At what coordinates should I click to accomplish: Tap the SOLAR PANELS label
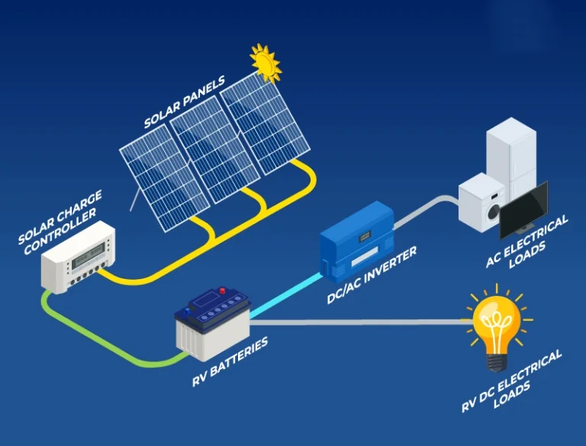pos(186,101)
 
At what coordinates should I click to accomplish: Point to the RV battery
pos(212,324)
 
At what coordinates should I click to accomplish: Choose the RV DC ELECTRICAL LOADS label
pos(513,381)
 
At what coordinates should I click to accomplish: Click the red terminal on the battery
pos(223,290)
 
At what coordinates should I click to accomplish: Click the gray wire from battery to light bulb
pos(359,322)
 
